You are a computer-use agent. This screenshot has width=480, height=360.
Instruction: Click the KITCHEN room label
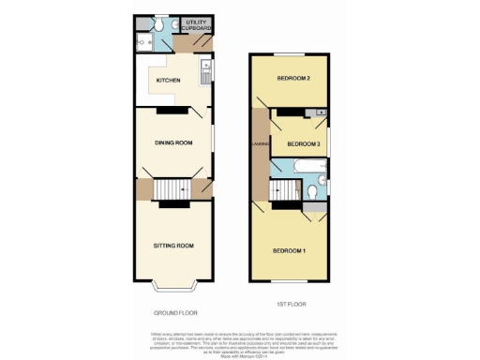click(x=169, y=93)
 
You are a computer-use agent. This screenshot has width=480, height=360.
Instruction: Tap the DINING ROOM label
click(x=173, y=142)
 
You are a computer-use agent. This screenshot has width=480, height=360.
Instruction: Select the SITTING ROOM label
click(x=173, y=246)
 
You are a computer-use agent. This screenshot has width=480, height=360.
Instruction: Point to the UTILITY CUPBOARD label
click(x=197, y=25)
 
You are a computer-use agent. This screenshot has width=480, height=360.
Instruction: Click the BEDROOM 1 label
click(x=290, y=251)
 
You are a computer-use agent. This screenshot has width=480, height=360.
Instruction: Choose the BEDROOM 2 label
click(x=293, y=78)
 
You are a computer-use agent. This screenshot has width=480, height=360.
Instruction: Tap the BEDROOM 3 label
click(x=304, y=143)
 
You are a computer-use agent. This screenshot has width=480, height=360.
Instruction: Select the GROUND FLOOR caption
click(x=175, y=312)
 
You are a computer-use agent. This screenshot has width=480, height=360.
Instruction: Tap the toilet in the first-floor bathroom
click(x=321, y=181)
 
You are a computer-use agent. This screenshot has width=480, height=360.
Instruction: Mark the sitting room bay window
click(x=173, y=284)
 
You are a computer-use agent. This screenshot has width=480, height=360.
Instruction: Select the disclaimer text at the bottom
click(x=240, y=343)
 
